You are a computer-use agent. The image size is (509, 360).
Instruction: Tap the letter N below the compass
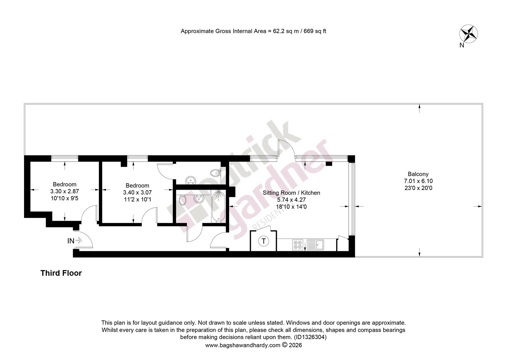click(x=461, y=45)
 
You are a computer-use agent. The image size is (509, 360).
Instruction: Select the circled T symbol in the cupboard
click(x=263, y=241)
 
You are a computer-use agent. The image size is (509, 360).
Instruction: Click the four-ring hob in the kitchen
click(x=298, y=245)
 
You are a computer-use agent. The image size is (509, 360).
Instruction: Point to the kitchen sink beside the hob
click(x=315, y=245)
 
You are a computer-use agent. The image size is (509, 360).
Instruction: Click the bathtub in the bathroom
click(x=219, y=206)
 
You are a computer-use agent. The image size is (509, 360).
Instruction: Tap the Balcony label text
click(x=418, y=174)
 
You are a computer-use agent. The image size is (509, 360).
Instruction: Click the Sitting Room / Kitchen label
click(x=291, y=193)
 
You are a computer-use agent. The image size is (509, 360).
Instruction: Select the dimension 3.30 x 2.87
click(x=65, y=191)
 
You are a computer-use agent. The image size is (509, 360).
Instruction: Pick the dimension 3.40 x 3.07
click(x=137, y=192)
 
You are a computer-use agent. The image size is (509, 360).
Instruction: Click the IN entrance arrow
click(x=78, y=240)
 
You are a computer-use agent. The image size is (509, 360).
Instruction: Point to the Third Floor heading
click(x=61, y=273)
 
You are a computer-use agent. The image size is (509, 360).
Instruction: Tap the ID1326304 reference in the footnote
click(x=310, y=337)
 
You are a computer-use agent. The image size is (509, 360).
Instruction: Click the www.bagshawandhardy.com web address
click(x=243, y=345)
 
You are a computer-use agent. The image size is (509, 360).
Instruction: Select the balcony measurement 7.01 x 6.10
click(x=418, y=181)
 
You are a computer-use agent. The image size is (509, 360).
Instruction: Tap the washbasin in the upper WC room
click(x=191, y=180)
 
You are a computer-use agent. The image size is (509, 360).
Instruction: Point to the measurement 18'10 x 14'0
click(x=291, y=207)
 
